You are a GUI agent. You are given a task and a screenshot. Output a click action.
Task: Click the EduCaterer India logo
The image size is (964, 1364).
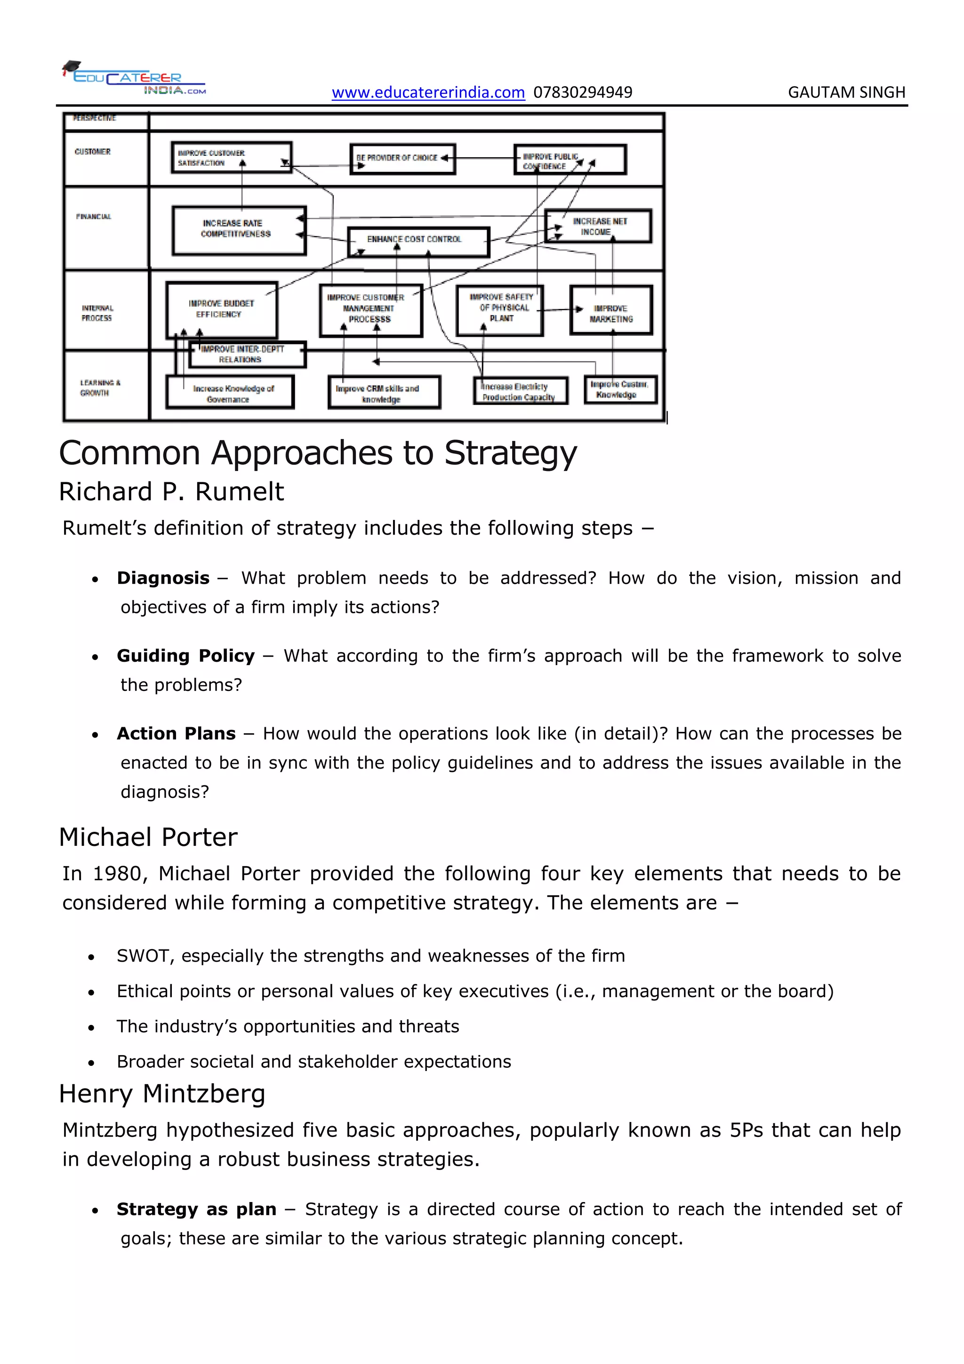[134, 78]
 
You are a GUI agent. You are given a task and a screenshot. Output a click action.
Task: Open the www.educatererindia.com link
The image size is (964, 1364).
[428, 93]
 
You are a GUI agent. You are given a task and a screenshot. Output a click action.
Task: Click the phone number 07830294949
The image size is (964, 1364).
[582, 93]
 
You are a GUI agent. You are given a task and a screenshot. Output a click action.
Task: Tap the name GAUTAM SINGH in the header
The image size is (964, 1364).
[846, 93]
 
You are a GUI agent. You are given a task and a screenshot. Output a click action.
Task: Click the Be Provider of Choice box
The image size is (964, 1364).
[402, 159]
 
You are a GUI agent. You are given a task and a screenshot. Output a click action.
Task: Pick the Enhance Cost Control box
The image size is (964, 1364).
[418, 241]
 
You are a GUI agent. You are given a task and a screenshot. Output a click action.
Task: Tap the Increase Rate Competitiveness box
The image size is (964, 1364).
[239, 230]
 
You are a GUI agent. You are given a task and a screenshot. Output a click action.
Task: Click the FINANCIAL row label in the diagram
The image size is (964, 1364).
[94, 217]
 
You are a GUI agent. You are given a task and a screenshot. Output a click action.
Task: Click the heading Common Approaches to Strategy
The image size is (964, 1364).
[318, 453]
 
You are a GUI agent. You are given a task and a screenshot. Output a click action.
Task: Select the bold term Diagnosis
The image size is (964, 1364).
[163, 578]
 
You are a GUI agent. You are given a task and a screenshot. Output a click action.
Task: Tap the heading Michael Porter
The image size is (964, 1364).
[148, 837]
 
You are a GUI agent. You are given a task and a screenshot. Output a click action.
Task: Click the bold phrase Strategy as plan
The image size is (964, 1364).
[196, 1210]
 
